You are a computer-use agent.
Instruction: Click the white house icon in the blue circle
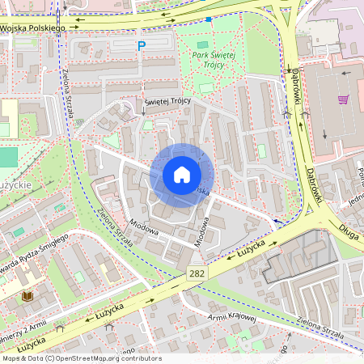[182, 175]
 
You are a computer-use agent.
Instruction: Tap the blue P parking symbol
[142, 47]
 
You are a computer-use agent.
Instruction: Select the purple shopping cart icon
[343, 99]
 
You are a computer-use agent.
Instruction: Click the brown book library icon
[28, 297]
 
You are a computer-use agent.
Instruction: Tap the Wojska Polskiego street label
[32, 28]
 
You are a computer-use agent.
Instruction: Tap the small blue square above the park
[209, 19]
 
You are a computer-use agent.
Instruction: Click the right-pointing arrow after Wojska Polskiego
[75, 26]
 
